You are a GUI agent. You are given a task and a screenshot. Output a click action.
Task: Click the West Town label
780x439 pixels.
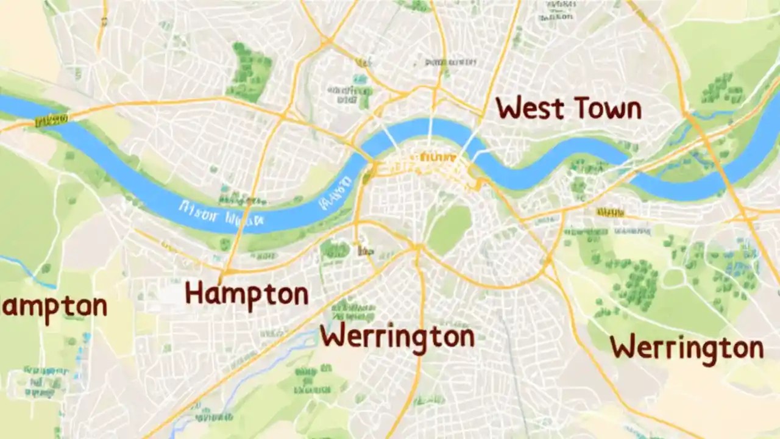tap(569, 109)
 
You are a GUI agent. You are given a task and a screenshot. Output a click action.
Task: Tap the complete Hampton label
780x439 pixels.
tap(247, 294)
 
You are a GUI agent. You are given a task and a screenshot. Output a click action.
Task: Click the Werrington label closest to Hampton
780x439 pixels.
tap(397, 337)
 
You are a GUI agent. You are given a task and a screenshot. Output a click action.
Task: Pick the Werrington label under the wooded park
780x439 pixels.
tap(687, 348)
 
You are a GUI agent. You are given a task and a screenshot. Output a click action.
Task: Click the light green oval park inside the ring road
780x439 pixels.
tap(449, 229)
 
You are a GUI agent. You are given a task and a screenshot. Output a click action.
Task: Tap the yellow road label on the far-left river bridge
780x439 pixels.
tap(52, 120)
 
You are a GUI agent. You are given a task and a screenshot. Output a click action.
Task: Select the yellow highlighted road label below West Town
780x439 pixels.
tap(610, 212)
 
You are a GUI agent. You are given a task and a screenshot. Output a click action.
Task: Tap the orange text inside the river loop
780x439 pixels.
tap(434, 158)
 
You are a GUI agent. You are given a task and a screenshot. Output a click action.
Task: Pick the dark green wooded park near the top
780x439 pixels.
tap(250, 71)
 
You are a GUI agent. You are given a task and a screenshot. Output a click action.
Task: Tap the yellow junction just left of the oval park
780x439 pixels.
tap(417, 247)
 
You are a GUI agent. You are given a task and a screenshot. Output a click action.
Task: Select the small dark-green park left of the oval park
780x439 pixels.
tap(335, 249)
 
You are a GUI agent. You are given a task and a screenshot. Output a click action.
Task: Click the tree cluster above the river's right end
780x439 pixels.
tap(723, 90)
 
